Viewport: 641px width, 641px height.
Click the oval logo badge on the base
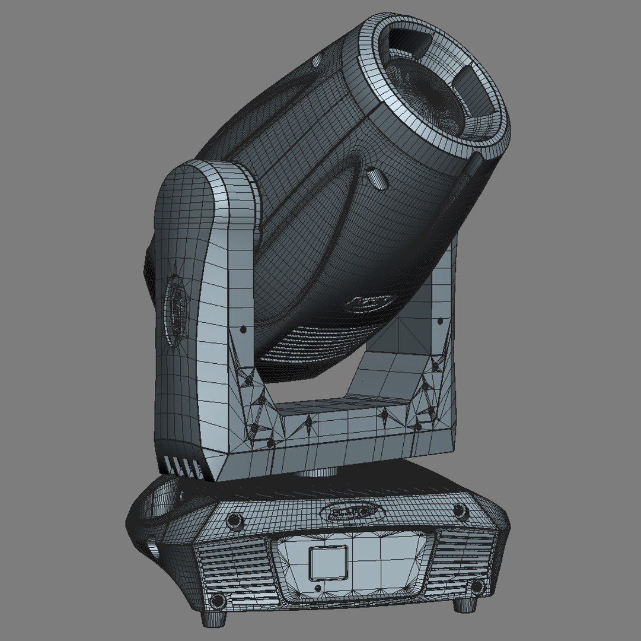click(x=352, y=510)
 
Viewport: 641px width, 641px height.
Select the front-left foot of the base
click(x=214, y=617)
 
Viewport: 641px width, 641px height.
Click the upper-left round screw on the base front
click(x=234, y=521)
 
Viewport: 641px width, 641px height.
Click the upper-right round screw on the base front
click(x=460, y=511)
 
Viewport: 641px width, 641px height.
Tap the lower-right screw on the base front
click(x=476, y=587)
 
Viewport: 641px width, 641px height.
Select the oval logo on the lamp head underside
click(x=368, y=303)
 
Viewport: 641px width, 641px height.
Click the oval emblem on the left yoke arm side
click(x=176, y=309)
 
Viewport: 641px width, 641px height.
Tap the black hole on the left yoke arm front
click(x=243, y=329)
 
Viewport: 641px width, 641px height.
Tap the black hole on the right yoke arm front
click(x=440, y=321)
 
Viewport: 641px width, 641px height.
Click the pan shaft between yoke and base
click(x=320, y=472)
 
